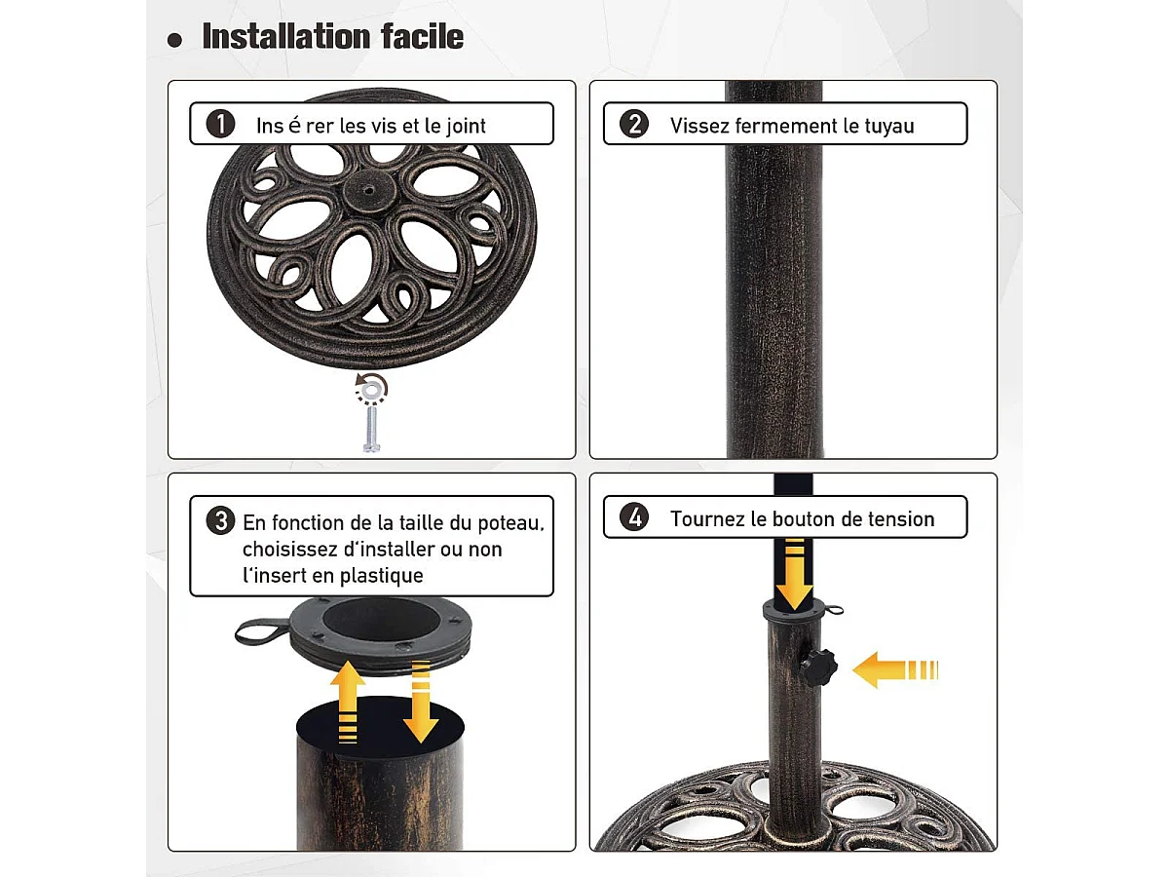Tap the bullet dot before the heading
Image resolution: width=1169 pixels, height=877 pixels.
175,40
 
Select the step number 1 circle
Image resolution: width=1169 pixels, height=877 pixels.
221,125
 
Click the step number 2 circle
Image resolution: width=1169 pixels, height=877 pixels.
634,125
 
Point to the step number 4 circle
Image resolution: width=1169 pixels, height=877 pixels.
634,517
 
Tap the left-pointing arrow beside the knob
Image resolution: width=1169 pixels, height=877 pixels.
894,669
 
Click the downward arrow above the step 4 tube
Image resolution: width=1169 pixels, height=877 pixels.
796,575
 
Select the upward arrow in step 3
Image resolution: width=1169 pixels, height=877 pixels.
348,702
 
